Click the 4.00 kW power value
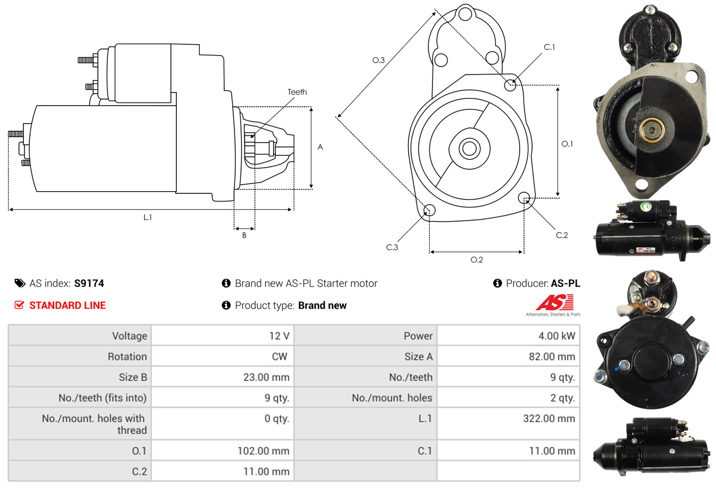[x=557, y=336]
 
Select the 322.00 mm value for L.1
[x=549, y=418]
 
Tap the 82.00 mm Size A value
[x=552, y=356]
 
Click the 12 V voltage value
[x=279, y=336]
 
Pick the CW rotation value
[x=279, y=356]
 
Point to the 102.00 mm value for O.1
[x=263, y=451]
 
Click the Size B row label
[x=133, y=377]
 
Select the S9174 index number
[x=89, y=283]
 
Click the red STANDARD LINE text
[x=67, y=305]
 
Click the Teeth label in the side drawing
[x=297, y=92]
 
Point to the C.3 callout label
[x=392, y=247]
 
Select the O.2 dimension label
[x=477, y=260]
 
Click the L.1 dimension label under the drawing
[x=147, y=217]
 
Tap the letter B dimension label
[x=244, y=235]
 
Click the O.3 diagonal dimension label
[x=379, y=60]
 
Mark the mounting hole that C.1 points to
[x=510, y=85]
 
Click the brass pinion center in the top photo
[x=651, y=130]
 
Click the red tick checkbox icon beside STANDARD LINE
[x=19, y=305]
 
